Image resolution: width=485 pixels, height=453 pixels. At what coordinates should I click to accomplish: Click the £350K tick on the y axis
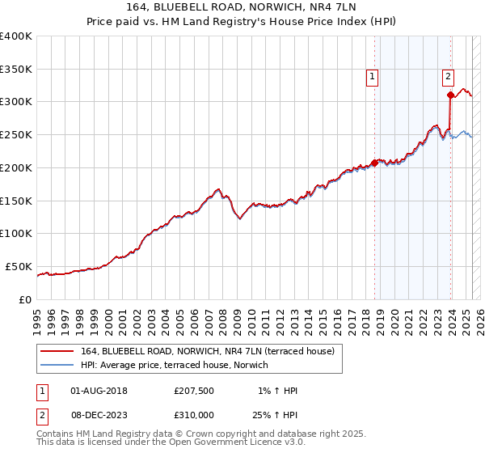(x=15, y=69)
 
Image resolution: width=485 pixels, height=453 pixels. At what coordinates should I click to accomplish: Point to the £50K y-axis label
(x=19, y=266)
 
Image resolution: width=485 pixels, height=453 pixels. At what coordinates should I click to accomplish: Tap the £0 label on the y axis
(x=26, y=299)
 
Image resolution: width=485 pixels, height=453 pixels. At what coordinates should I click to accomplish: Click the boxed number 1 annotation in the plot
(x=373, y=77)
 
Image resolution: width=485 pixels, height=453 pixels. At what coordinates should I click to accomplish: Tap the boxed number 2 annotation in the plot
(x=448, y=77)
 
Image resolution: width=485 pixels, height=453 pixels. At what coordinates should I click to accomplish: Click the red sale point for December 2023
(x=450, y=95)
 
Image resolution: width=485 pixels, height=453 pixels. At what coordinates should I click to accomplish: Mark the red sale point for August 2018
(x=374, y=162)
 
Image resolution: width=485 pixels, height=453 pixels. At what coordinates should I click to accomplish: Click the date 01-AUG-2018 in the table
(x=99, y=391)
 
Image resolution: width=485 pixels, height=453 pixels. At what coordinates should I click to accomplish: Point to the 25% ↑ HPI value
(x=274, y=414)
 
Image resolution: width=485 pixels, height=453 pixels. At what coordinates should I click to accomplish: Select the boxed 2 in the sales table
(x=41, y=414)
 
